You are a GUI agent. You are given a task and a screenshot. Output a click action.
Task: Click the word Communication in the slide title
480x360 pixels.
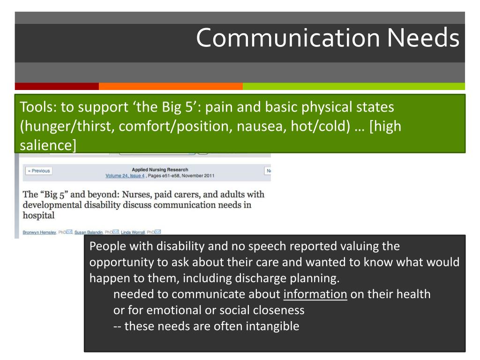pos(287,38)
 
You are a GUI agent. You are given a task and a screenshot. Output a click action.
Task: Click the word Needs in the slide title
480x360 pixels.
pos(423,38)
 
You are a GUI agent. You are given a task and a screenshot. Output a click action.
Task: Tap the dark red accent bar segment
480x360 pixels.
pos(57,86)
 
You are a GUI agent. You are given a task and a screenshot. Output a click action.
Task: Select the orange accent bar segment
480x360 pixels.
pos(171,86)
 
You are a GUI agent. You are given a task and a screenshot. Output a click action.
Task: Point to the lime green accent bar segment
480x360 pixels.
pos(354,86)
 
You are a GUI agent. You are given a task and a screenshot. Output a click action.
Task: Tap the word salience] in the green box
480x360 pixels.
pos(47,145)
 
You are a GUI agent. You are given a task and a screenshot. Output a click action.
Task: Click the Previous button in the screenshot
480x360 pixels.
pos(38,171)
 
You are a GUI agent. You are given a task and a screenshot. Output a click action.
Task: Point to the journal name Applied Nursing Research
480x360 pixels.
pos(160,170)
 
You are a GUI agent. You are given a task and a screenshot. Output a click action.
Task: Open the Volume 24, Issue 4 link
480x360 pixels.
pos(125,176)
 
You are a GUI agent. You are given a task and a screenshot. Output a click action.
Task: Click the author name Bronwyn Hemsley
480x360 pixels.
pos(39,232)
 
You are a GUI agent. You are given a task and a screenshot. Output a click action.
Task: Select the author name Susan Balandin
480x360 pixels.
pos(89,232)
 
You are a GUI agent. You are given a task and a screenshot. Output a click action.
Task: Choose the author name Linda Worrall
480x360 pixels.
pos(133,232)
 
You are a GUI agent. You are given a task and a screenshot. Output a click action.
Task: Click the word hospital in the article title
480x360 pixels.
pos(38,216)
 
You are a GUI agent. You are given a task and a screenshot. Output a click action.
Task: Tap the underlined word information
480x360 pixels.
pos(315,294)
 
